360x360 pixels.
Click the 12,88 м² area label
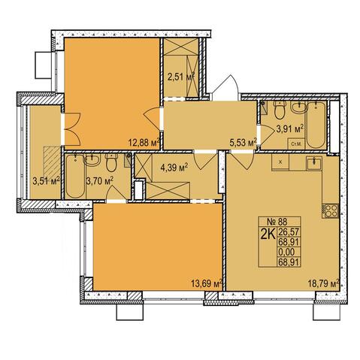[x=144, y=143]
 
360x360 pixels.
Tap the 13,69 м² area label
[x=207, y=283]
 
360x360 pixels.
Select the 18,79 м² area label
[x=324, y=283]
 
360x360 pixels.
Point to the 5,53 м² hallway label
[x=244, y=143]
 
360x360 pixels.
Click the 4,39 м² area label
[x=174, y=167]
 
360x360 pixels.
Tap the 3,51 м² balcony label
[x=46, y=180]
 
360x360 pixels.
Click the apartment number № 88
[x=278, y=222]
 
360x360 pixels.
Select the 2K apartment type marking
[x=268, y=234]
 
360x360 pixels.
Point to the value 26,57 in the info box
[x=289, y=232]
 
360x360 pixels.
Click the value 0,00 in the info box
[x=286, y=252]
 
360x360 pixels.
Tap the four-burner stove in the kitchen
[x=331, y=211]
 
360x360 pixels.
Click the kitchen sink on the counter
[x=314, y=163]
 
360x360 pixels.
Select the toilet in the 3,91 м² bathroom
[x=279, y=110]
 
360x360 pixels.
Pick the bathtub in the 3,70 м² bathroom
[x=74, y=176]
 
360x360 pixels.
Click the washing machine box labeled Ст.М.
[x=296, y=144]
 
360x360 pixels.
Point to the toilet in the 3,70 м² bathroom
[x=110, y=162]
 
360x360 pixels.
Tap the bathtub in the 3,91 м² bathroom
[x=316, y=125]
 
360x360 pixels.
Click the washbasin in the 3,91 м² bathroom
[x=299, y=107]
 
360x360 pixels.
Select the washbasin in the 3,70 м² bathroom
[x=92, y=160]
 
